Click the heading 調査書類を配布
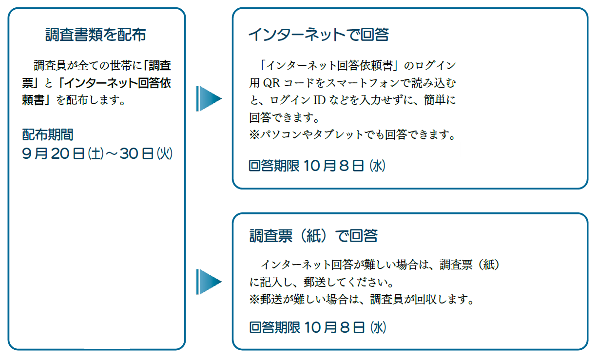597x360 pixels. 96,35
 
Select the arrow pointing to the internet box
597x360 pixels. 208,99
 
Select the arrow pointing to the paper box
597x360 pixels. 208,282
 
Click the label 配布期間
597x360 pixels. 48,134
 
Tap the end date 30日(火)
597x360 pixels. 146,154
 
